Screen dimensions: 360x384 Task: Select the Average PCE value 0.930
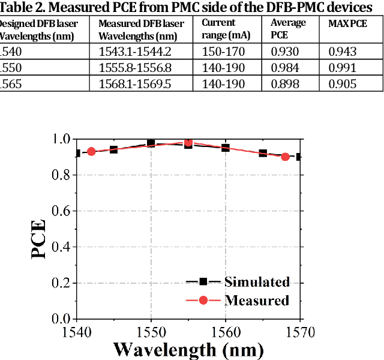[x=285, y=52]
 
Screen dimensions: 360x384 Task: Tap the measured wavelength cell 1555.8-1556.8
[x=135, y=68]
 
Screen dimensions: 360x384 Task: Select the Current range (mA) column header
[x=226, y=29]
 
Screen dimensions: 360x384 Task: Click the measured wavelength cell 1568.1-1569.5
[x=135, y=84]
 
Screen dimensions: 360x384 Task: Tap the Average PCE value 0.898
[x=285, y=84]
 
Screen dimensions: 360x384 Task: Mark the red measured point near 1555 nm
[x=188, y=142]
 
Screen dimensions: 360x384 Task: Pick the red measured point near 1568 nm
[x=285, y=157]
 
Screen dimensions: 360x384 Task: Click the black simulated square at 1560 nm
[x=225, y=148]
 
